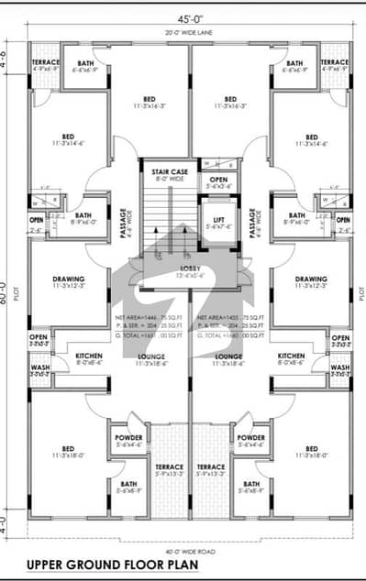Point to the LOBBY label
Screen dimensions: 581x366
point(191,268)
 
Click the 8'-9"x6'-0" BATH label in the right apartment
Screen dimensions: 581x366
point(292,218)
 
